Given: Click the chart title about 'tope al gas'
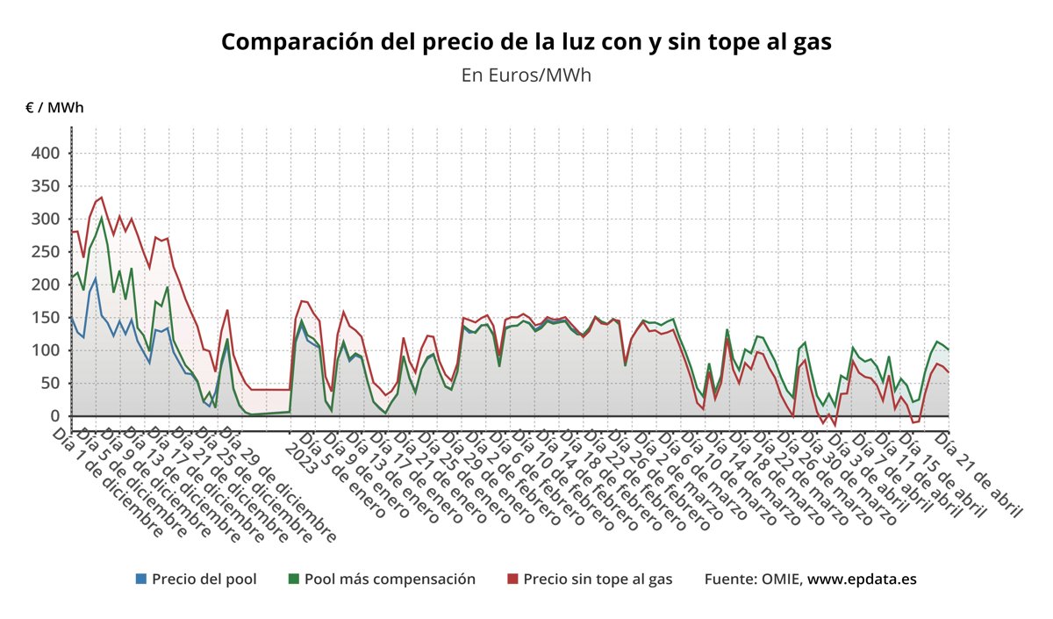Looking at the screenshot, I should point(526,41).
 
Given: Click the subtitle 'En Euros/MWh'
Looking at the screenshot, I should point(526,76).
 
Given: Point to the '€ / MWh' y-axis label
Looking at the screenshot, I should point(54,108).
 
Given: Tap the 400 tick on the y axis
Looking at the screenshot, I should point(46,154).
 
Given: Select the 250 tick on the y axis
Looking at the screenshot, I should point(46,252).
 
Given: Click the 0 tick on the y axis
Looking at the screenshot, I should point(54,416).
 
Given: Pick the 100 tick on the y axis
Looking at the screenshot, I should point(46,350).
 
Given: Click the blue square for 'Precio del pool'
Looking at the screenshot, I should point(141,579).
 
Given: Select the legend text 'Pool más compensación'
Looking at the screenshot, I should point(390,579).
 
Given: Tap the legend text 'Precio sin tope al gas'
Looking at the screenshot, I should point(598,579).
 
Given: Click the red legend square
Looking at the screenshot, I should point(513,579).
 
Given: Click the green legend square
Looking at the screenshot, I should point(294,579).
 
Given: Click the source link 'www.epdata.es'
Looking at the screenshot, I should point(862,579).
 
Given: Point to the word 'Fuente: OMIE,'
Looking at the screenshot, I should point(753,579).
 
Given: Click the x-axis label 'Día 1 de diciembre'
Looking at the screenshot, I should point(109,482).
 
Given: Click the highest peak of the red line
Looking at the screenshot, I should point(102,198).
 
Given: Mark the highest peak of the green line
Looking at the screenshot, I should point(102,218).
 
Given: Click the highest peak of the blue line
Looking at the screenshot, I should point(96,278).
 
